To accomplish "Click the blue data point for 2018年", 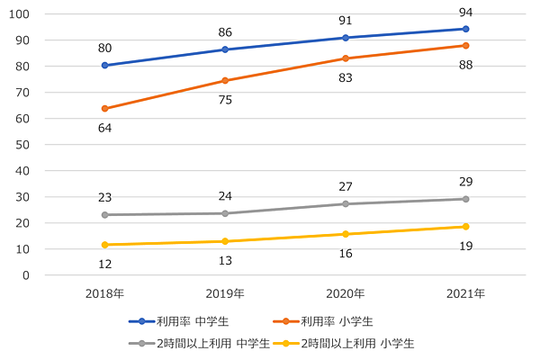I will tap(105, 66).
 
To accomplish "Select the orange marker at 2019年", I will tap(225, 81).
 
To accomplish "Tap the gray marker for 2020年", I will tap(346, 204).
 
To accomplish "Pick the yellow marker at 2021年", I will tap(465, 227).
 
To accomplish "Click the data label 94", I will tap(465, 12).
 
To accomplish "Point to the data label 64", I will tap(105, 128).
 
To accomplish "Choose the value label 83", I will tap(346, 78).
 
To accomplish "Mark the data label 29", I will tap(465, 182).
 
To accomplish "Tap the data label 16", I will tap(346, 254).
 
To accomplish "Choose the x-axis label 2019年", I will tap(225, 293).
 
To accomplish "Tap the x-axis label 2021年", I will tap(465, 293).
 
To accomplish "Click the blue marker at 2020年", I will tap(346, 38).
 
